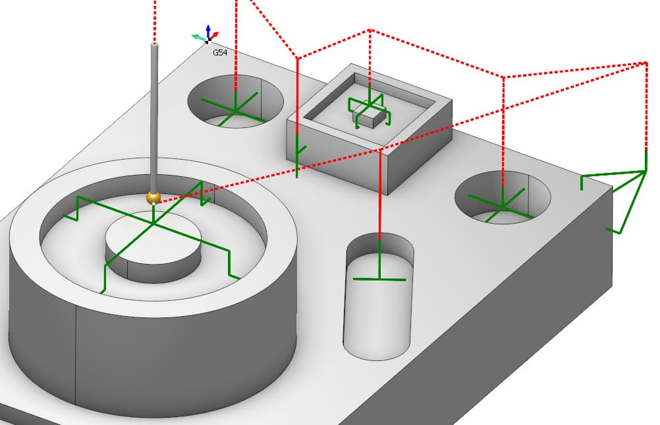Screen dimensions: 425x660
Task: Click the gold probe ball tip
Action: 153,197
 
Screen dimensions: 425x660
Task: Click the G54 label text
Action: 220,52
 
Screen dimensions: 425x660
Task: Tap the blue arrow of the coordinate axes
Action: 208,30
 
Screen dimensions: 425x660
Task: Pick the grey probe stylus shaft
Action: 155,119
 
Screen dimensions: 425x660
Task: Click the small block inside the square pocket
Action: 368,115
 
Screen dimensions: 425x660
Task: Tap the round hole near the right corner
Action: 503,196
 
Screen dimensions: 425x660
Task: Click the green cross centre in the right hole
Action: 502,207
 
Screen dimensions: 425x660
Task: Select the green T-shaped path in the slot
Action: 379,278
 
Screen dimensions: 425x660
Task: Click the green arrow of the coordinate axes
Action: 196,37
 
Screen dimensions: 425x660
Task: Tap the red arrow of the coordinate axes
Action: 215,34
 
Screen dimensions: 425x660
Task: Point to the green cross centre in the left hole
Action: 235,110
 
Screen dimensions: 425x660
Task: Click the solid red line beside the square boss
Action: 298,99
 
